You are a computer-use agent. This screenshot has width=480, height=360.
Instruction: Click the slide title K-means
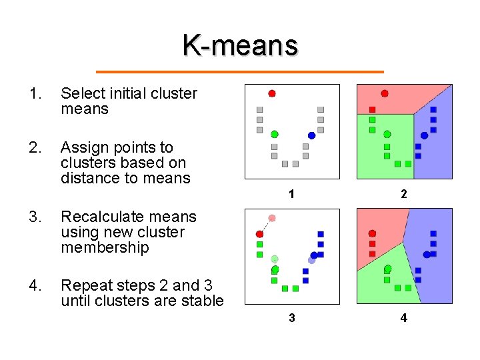[240, 45]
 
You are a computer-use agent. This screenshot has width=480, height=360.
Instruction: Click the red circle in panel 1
[272, 93]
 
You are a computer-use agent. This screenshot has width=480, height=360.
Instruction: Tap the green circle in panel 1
[275, 134]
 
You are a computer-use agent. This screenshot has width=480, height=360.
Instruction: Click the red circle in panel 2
[385, 93]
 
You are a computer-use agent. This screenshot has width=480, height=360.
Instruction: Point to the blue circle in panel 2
[424, 135]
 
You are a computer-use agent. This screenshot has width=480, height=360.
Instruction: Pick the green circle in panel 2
[387, 134]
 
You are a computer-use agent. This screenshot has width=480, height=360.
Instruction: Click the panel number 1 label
[291, 194]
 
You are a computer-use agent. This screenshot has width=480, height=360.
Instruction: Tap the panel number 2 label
[403, 194]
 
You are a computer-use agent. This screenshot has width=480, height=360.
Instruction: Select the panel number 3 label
[291, 318]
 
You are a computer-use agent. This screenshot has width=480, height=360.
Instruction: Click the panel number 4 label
[403, 318]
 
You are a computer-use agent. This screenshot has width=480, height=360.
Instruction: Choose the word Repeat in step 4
[80, 285]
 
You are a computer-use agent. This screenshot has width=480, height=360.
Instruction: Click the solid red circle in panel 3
[260, 234]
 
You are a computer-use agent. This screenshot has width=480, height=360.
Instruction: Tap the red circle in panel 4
[373, 233]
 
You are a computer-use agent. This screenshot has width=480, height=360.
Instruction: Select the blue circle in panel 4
[427, 254]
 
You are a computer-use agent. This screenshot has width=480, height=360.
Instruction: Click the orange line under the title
[240, 71]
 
